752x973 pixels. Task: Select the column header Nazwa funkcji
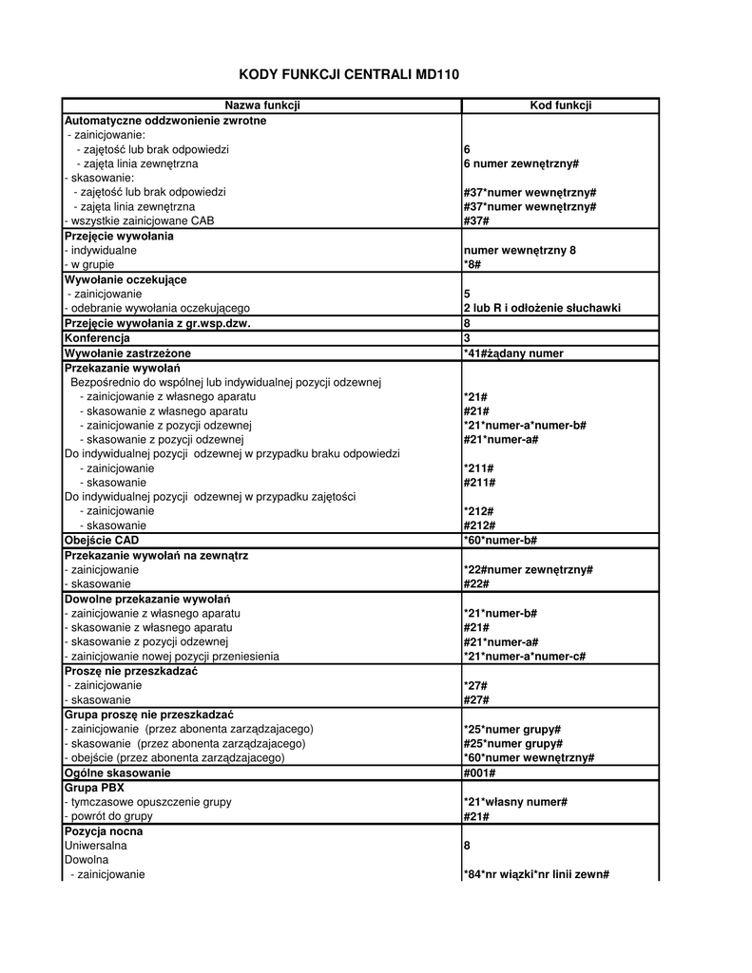point(261,105)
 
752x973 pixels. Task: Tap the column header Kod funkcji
point(560,105)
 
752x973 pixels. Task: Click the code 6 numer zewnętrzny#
point(521,163)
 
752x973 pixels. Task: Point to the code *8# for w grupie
point(472,264)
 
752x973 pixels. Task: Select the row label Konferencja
point(97,337)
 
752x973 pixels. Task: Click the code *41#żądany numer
point(513,353)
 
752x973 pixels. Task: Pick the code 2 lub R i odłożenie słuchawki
point(542,308)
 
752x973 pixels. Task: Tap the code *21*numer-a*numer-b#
point(525,425)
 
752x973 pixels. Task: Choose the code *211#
point(479,468)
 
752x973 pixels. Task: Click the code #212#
point(479,525)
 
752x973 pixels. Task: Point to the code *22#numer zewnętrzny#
point(529,569)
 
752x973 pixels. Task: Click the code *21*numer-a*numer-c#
point(524,657)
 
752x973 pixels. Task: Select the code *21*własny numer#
point(515,802)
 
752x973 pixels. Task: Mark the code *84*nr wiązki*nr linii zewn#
point(536,874)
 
